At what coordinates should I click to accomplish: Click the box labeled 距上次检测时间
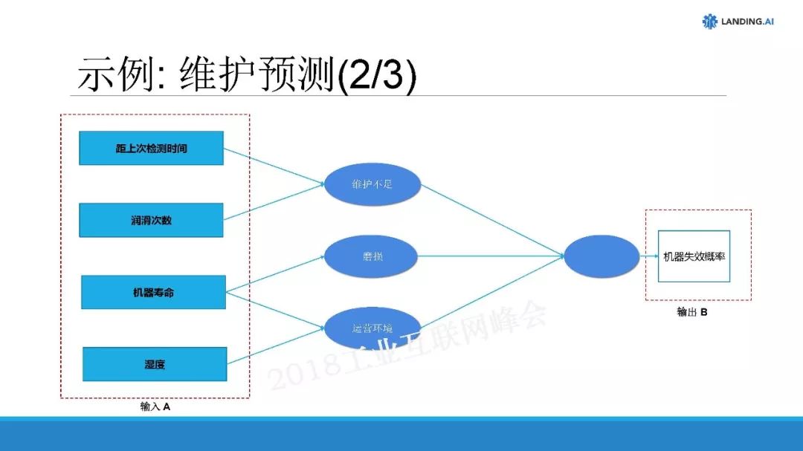coord(151,148)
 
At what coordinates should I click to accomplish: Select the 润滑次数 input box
coord(151,220)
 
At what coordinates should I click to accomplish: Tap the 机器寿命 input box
coord(152,292)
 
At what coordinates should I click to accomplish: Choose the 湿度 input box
coord(154,364)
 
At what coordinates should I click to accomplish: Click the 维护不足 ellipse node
coord(373,184)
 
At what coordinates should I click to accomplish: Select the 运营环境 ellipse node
coord(373,328)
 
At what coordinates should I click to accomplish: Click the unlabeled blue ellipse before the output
coord(602,256)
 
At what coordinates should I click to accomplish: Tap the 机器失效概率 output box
coord(694,256)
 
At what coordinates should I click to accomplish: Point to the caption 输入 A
coord(155,407)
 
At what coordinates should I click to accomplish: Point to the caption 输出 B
coord(691,312)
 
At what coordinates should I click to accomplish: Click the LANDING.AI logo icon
coord(709,22)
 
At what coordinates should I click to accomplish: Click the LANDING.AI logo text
coord(747,22)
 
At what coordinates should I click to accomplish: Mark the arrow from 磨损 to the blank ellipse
coord(491,256)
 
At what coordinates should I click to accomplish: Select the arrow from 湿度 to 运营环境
coord(275,346)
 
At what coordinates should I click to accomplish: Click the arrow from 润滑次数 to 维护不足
coord(275,201)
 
